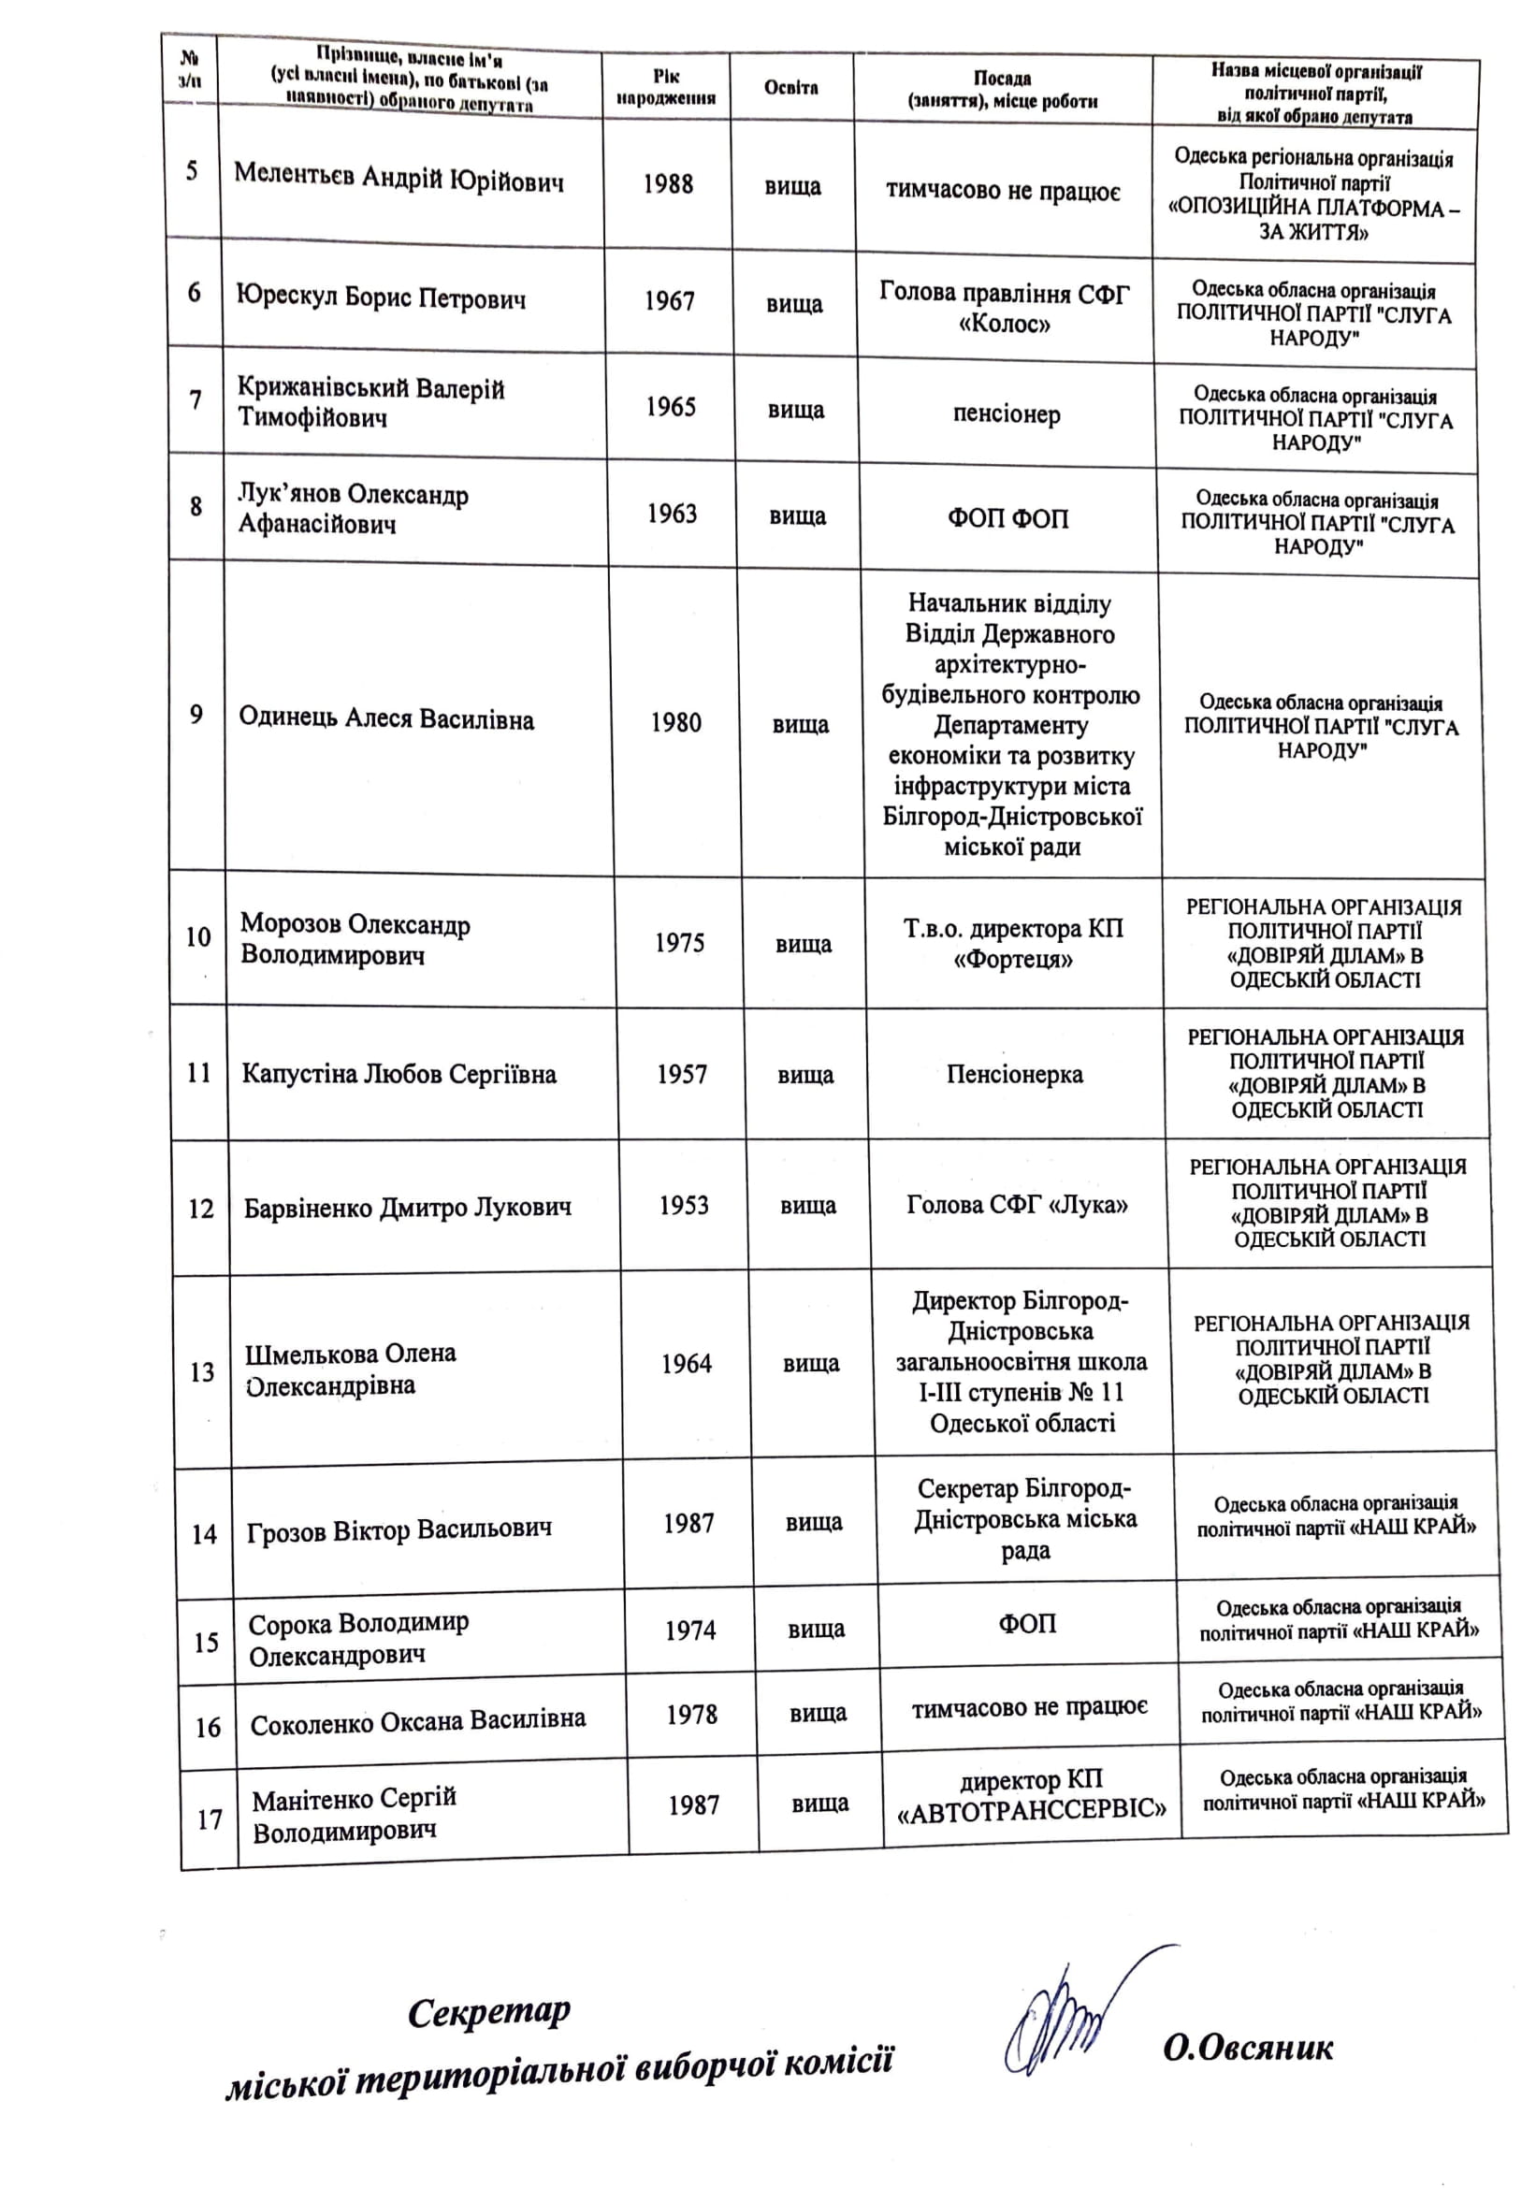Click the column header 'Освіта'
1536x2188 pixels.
pos(790,88)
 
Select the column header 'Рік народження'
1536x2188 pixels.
pos(666,87)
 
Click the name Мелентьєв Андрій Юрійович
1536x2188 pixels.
pos(398,179)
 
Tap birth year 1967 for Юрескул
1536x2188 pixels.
pos(669,301)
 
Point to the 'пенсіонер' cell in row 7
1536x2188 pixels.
pos(1007,413)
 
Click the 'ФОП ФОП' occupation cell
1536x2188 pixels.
pos(1008,518)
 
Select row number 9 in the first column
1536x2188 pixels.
pos(196,715)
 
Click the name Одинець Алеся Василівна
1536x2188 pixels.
pos(386,718)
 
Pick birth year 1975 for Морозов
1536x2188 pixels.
pos(679,943)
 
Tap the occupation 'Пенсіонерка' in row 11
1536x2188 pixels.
pos(1015,1075)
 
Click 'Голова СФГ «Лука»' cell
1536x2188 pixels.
pos(1018,1206)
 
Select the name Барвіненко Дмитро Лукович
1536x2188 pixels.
pos(408,1209)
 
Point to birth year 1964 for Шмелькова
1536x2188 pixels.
pos(686,1364)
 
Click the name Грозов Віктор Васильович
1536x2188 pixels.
pos(399,1531)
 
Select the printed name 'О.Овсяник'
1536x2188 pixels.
pos(1247,2047)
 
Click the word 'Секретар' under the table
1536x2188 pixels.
pos(489,2012)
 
